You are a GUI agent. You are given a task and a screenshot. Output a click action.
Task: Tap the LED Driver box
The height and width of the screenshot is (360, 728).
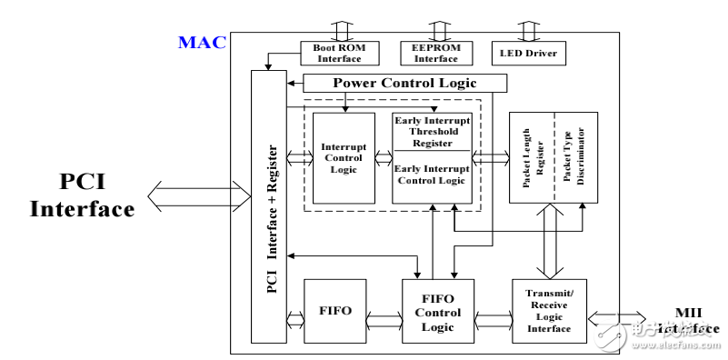click(526, 53)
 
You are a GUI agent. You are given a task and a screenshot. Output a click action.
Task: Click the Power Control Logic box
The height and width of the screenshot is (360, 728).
click(404, 83)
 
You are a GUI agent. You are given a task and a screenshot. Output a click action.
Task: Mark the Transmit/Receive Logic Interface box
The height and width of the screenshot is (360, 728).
click(548, 310)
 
